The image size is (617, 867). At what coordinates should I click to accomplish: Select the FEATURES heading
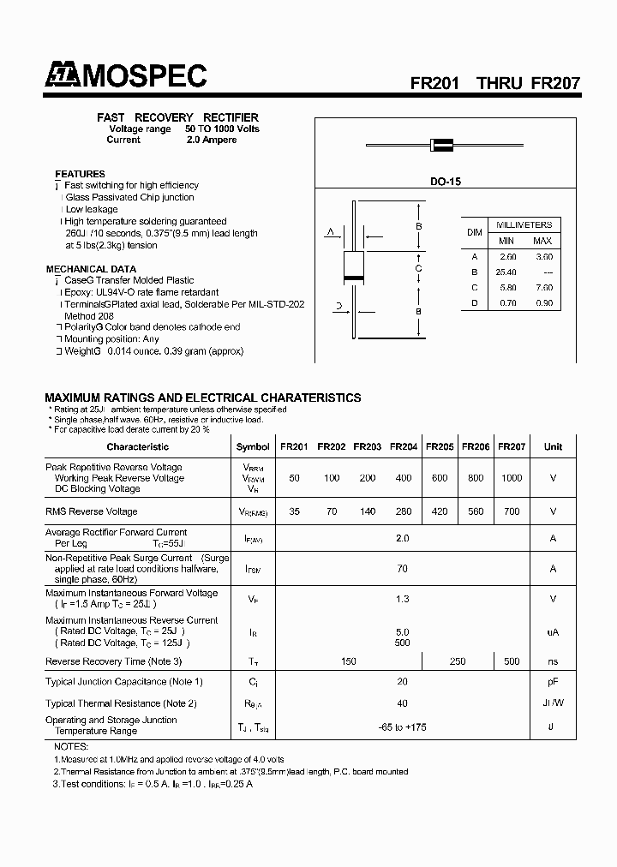(x=80, y=174)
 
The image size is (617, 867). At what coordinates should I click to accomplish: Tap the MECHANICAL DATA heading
(x=90, y=269)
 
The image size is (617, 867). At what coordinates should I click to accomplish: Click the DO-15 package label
(x=445, y=182)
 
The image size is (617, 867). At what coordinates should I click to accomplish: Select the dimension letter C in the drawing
(x=418, y=269)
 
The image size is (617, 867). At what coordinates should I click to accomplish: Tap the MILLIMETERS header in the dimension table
(x=524, y=224)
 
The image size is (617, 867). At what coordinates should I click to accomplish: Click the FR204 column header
(x=404, y=446)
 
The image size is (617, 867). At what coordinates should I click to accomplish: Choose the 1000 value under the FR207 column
(x=511, y=478)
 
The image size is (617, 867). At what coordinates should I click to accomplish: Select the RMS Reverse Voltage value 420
(x=439, y=511)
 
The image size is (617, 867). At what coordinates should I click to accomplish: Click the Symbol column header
(x=253, y=446)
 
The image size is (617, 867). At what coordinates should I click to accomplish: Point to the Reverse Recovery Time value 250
(x=457, y=661)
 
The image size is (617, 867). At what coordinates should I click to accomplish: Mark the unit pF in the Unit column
(x=553, y=682)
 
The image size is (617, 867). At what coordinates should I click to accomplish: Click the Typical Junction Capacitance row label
(x=123, y=682)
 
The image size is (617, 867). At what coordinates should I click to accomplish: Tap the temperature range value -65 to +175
(x=402, y=726)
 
